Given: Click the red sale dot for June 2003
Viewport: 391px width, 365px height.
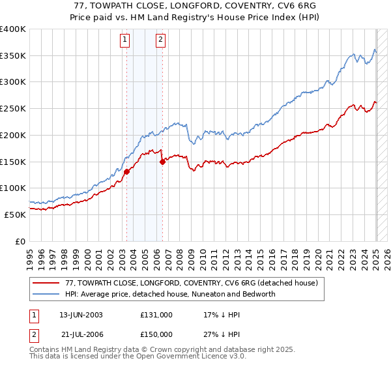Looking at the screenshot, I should click(127, 171).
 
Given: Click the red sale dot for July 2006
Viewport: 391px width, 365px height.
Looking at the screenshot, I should click(162, 162).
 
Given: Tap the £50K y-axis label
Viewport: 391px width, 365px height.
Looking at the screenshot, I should click(15, 214).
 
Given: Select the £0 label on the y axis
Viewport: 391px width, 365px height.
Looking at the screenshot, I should click(20, 241).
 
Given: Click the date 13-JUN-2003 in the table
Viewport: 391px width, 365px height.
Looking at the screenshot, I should click(81, 314).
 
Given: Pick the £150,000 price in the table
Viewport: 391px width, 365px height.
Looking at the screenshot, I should click(156, 334).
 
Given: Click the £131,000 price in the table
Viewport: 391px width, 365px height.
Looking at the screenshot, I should click(156, 314).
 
